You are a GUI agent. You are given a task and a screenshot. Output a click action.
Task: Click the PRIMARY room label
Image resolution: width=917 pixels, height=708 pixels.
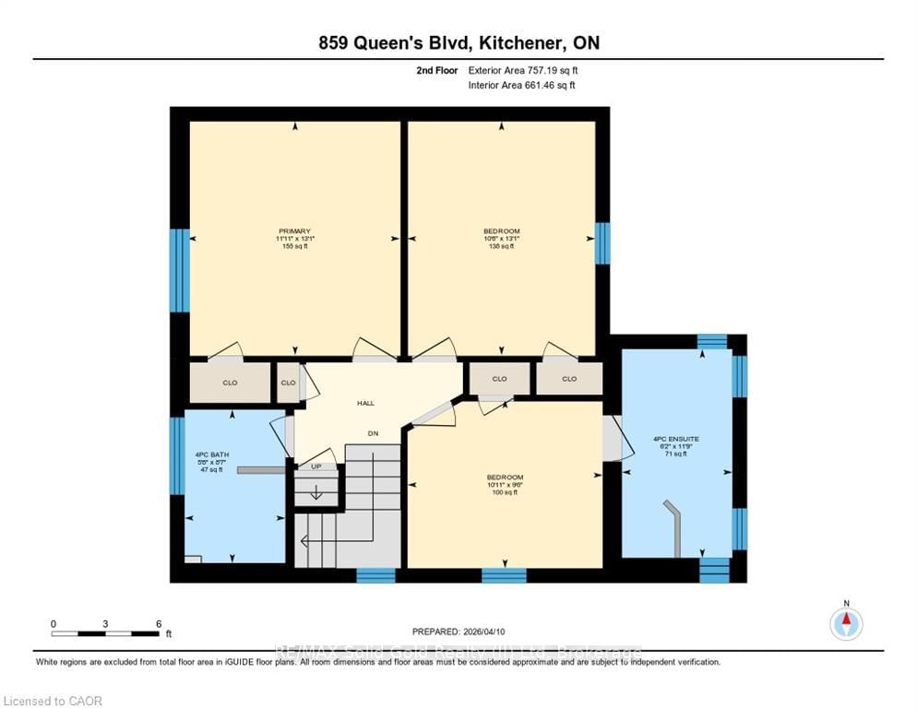(x=294, y=231)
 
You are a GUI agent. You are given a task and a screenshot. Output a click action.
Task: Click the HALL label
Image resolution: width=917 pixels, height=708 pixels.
(x=365, y=404)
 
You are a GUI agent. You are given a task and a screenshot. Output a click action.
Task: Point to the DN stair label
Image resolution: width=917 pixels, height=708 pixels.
(x=373, y=433)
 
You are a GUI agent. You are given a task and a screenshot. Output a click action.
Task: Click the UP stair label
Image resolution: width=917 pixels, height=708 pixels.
(x=316, y=466)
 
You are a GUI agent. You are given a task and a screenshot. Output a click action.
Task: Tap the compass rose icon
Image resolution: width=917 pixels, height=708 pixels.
(x=846, y=624)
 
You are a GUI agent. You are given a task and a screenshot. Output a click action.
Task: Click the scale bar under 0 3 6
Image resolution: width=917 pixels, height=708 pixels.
(x=105, y=633)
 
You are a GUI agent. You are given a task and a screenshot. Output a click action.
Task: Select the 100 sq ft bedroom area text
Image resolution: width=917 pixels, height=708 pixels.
(x=505, y=492)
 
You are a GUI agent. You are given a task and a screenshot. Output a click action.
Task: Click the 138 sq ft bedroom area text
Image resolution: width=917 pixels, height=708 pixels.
(x=502, y=247)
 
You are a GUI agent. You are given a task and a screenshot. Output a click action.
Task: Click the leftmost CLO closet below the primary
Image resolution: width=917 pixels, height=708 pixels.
(x=230, y=383)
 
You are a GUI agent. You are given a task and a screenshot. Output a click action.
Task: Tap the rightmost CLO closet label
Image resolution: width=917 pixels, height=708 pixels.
(x=569, y=379)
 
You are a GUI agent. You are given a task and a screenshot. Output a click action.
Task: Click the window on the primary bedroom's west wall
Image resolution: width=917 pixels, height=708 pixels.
(x=179, y=270)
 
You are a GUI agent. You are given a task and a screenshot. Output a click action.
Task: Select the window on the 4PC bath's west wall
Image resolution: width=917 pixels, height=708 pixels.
(x=177, y=455)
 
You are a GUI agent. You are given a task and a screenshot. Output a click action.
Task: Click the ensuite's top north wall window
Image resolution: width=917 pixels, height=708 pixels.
(x=711, y=342)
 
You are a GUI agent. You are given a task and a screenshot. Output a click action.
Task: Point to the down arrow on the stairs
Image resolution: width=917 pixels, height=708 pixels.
(x=316, y=492)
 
